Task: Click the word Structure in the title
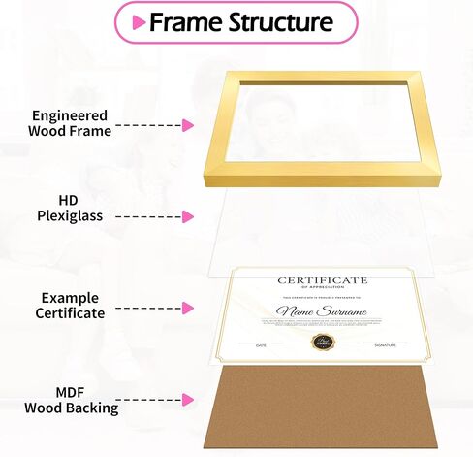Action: click(x=276, y=21)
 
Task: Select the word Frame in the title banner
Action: click(x=182, y=21)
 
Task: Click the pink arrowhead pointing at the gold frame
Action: click(x=188, y=125)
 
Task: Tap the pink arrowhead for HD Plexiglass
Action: click(x=188, y=213)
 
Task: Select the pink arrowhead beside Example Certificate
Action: click(x=188, y=307)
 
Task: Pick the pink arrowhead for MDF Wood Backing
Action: click(x=188, y=399)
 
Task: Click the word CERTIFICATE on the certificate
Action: click(x=323, y=280)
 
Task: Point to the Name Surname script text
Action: click(x=323, y=311)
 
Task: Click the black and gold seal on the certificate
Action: click(x=321, y=341)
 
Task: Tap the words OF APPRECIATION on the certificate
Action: click(x=323, y=288)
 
